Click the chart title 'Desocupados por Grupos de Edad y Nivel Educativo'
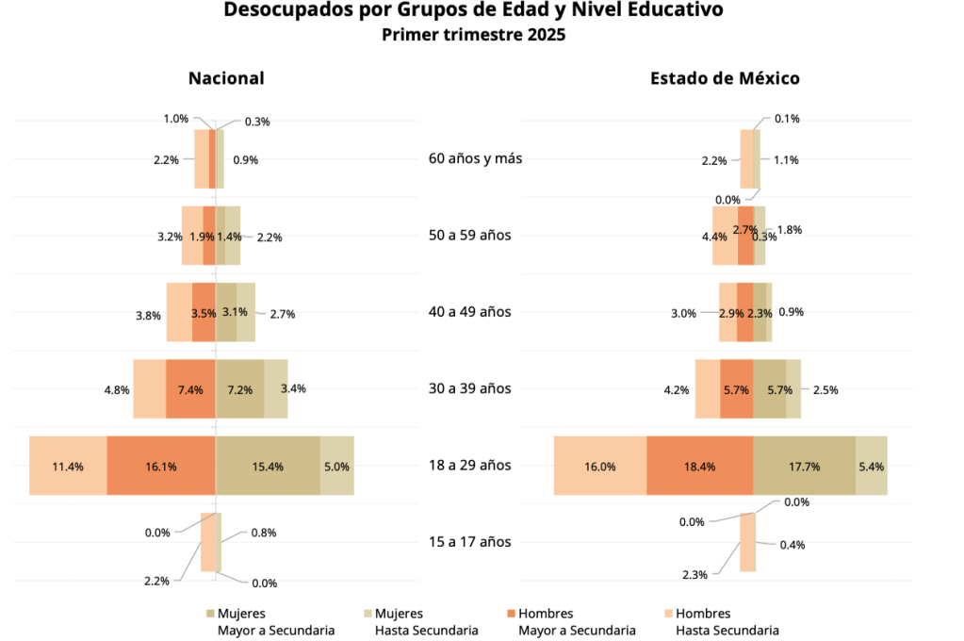pos(474,11)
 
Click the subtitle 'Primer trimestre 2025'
pos(474,36)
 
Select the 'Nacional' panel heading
pos(226,78)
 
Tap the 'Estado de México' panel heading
pos(725,78)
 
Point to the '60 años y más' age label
pos(475,158)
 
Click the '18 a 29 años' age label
pos(470,465)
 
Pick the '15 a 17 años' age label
pos(470,542)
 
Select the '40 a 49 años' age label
pos(470,312)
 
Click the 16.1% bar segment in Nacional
pos(161,466)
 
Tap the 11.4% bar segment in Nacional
pos(68,466)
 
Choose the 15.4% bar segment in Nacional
pos(269,466)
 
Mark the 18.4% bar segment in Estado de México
pos(700,466)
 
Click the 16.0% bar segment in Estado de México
pos(600,466)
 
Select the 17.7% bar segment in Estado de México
pos(804,466)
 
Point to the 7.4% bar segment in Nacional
pos(190,388)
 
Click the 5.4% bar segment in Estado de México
pos(871,466)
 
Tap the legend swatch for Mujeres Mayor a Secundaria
pos(210,614)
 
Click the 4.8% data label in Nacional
pos(116,388)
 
